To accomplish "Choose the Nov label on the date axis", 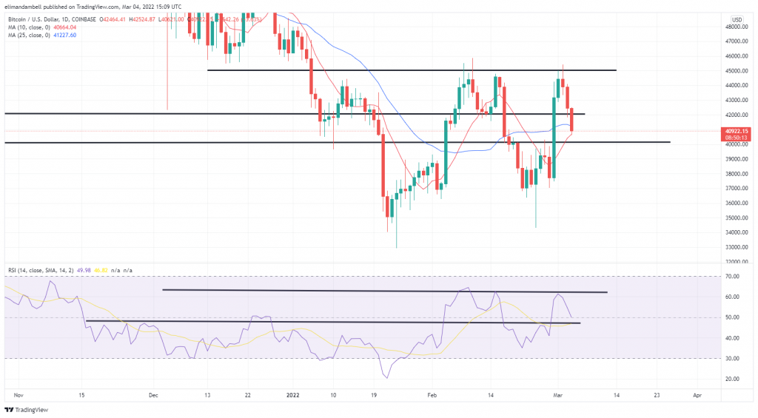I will coord(19,396).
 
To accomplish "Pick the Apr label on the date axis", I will coord(697,396).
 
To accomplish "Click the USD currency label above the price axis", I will coord(737,18).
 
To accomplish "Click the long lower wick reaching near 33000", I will coord(397,235).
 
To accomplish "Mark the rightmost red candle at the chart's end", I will coord(572,120).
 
